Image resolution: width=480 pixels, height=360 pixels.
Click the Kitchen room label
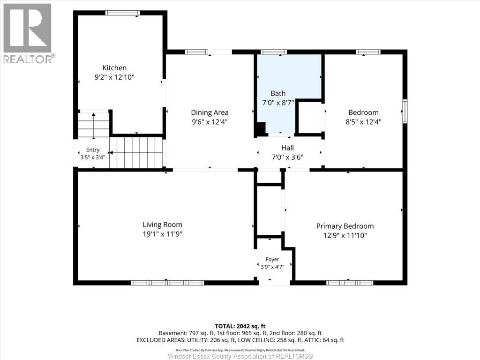[114, 67]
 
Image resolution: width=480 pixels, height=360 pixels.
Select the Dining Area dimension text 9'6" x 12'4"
[210, 122]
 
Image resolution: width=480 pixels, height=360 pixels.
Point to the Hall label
[287, 148]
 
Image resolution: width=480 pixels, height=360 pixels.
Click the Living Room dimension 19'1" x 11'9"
[163, 234]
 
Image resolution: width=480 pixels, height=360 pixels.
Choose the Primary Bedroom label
[345, 226]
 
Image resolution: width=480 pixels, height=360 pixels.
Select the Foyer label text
[272, 259]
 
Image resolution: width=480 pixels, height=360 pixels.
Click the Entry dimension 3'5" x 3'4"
[93, 157]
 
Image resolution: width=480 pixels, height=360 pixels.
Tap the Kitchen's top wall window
[123, 13]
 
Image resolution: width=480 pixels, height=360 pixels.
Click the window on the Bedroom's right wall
[405, 111]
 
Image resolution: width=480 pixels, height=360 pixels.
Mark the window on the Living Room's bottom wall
[167, 283]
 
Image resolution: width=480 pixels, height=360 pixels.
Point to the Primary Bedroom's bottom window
[350, 283]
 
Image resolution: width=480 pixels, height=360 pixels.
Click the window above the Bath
[274, 52]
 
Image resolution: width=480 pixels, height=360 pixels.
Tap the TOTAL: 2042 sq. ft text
[240, 326]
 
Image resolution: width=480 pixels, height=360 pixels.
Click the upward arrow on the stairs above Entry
[94, 125]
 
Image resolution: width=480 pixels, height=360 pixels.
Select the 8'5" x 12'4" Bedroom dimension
[363, 122]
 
